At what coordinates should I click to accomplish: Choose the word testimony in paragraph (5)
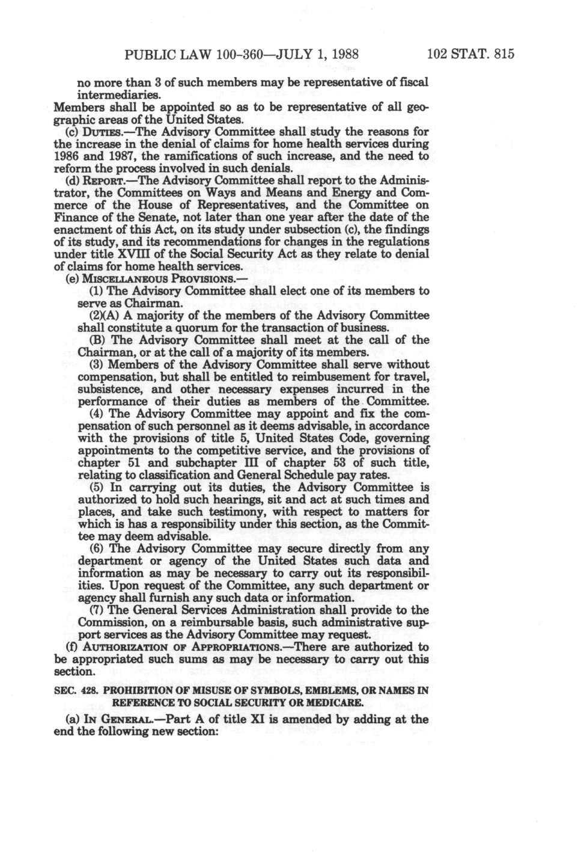(x=228, y=512)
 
